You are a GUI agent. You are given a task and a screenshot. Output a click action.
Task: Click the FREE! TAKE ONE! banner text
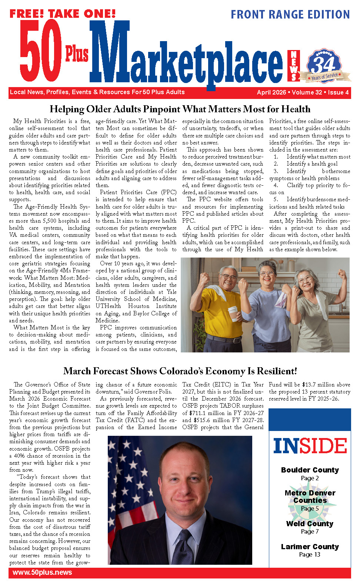coord(62,14)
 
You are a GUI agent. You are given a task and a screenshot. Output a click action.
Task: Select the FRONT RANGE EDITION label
coord(290,14)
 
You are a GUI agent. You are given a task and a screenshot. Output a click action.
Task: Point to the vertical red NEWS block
coord(294,66)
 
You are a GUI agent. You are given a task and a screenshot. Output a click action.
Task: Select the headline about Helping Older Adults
coord(180,109)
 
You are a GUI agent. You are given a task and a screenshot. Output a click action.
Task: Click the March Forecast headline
coord(180,371)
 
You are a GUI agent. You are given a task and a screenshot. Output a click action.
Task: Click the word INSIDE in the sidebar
coord(310,446)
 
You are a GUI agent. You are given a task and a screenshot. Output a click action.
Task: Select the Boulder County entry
coord(310,470)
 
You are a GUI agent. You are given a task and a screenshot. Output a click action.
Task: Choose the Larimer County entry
coord(310,547)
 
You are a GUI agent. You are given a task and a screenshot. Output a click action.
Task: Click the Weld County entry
coord(310,524)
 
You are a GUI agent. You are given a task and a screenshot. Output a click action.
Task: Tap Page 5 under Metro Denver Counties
coord(310,508)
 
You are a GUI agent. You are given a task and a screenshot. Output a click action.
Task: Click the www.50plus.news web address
coord(42,572)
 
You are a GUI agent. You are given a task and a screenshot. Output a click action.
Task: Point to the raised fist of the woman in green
coord(342,275)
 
